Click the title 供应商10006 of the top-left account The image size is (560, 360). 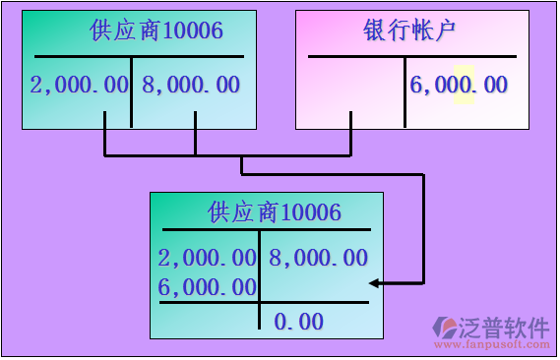(156, 30)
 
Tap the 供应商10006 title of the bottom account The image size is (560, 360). (275, 210)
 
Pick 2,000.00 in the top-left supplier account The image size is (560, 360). (80, 85)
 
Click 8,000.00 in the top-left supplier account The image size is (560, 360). (191, 85)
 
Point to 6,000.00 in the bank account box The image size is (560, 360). (458, 85)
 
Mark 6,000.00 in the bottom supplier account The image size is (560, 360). (207, 287)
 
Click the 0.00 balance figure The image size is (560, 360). (298, 321)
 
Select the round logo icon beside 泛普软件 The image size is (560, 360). (446, 327)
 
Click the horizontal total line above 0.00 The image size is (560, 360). (264, 302)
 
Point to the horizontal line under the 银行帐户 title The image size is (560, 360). (411, 57)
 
